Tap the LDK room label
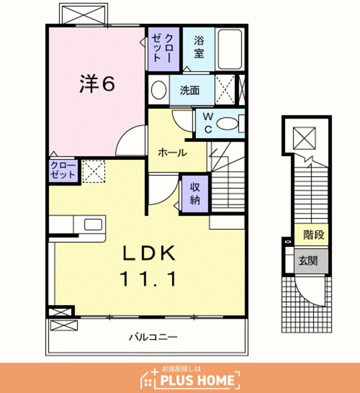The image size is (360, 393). pyautogui.click(x=149, y=253)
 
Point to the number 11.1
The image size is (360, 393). pyautogui.click(x=149, y=279)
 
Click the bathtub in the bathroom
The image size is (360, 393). pyautogui.click(x=230, y=50)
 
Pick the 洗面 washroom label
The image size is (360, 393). pyautogui.click(x=190, y=90)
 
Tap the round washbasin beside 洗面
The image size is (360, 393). pyautogui.click(x=159, y=90)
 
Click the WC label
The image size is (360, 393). pyautogui.click(x=208, y=123)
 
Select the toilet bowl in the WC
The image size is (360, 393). pyautogui.click(x=227, y=123)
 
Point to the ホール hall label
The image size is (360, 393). pyautogui.click(x=173, y=152)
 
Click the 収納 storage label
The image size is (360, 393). pyautogui.click(x=195, y=193)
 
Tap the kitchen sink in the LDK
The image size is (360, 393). pyautogui.click(x=93, y=224)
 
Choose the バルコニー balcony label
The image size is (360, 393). pyautogui.click(x=153, y=337)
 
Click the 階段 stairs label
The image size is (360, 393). pyautogui.click(x=314, y=235)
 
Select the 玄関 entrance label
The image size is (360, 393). pyautogui.click(x=308, y=260)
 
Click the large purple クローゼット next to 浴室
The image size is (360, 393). pyautogui.click(x=163, y=49)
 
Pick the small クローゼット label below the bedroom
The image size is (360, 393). pyautogui.click(x=63, y=170)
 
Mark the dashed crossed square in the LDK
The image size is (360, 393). pyautogui.click(x=93, y=171)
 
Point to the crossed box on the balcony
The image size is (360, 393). pyautogui.click(x=64, y=325)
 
